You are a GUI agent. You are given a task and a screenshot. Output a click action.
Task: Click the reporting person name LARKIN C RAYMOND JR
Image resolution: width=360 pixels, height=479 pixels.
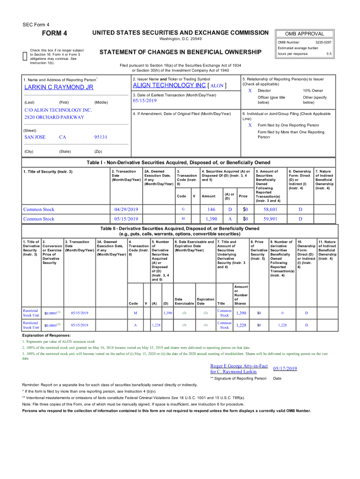click(59, 87)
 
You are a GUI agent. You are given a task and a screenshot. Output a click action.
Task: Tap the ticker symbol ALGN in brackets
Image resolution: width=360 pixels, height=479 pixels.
click(217, 86)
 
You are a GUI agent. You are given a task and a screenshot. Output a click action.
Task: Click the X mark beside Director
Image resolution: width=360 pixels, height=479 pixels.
click(250, 90)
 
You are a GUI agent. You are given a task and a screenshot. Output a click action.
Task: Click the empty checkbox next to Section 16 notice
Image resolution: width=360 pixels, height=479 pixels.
click(25, 56)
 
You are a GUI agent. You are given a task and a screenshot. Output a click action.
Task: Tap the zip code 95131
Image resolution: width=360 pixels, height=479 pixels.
click(101, 137)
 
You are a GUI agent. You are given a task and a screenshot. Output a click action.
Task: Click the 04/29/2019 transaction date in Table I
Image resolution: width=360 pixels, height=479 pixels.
click(126, 210)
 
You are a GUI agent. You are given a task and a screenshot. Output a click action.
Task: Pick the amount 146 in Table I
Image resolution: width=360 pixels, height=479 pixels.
click(211, 210)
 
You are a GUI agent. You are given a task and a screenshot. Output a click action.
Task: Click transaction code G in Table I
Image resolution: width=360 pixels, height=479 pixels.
click(183, 210)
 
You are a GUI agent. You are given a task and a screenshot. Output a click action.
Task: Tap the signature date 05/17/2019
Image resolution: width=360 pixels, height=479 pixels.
click(285, 369)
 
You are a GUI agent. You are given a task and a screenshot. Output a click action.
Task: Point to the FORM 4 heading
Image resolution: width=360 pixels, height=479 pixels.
click(55, 33)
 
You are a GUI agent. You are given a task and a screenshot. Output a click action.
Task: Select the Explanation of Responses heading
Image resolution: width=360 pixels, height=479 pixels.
click(46, 335)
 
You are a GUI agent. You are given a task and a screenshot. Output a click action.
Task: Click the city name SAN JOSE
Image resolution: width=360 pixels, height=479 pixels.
click(35, 137)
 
